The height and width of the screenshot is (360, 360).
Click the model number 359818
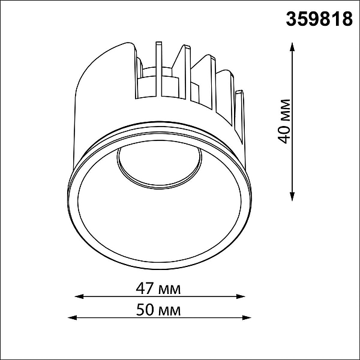(319, 19)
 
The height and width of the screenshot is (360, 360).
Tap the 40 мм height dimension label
(284, 121)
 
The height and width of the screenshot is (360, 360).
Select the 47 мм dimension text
(158, 289)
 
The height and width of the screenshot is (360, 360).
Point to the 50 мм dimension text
(158, 310)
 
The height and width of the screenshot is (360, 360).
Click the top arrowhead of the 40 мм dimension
(292, 47)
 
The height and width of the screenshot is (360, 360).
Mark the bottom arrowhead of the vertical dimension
(292, 197)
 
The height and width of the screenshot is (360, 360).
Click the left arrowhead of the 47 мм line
(79, 296)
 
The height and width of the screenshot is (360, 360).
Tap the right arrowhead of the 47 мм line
(241, 296)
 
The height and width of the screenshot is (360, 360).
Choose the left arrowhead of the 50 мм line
(72, 318)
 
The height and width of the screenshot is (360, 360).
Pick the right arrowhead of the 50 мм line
(247, 318)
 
